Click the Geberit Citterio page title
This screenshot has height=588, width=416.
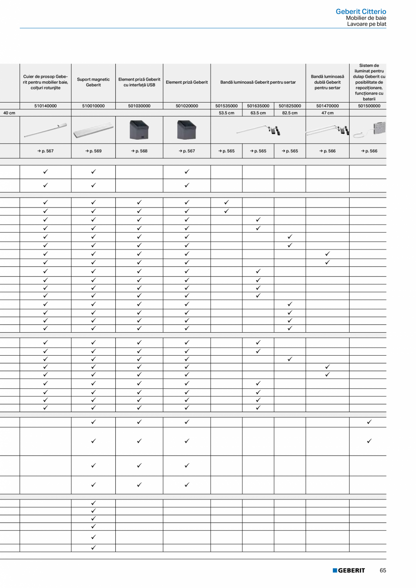point(361,11)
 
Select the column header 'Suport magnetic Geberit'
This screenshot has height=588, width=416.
point(93,82)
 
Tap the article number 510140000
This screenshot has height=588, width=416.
point(45,106)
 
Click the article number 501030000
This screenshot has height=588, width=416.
point(139,106)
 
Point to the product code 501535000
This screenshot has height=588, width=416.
point(226,106)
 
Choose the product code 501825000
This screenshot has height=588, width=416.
point(290,106)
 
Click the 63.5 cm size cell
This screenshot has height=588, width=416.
point(258,113)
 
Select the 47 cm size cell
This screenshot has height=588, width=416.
point(327,113)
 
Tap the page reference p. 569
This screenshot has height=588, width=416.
point(93,151)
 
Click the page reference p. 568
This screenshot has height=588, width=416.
point(139,151)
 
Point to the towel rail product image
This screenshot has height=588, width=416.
point(45,130)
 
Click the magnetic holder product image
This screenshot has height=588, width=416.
point(93,130)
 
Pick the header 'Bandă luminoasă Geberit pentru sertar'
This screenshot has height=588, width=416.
point(258,82)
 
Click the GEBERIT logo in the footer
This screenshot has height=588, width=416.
point(349,570)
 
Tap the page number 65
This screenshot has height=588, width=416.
point(383,570)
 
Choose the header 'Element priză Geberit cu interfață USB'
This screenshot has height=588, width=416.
point(139,82)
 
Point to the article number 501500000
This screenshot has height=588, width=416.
point(369,106)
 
